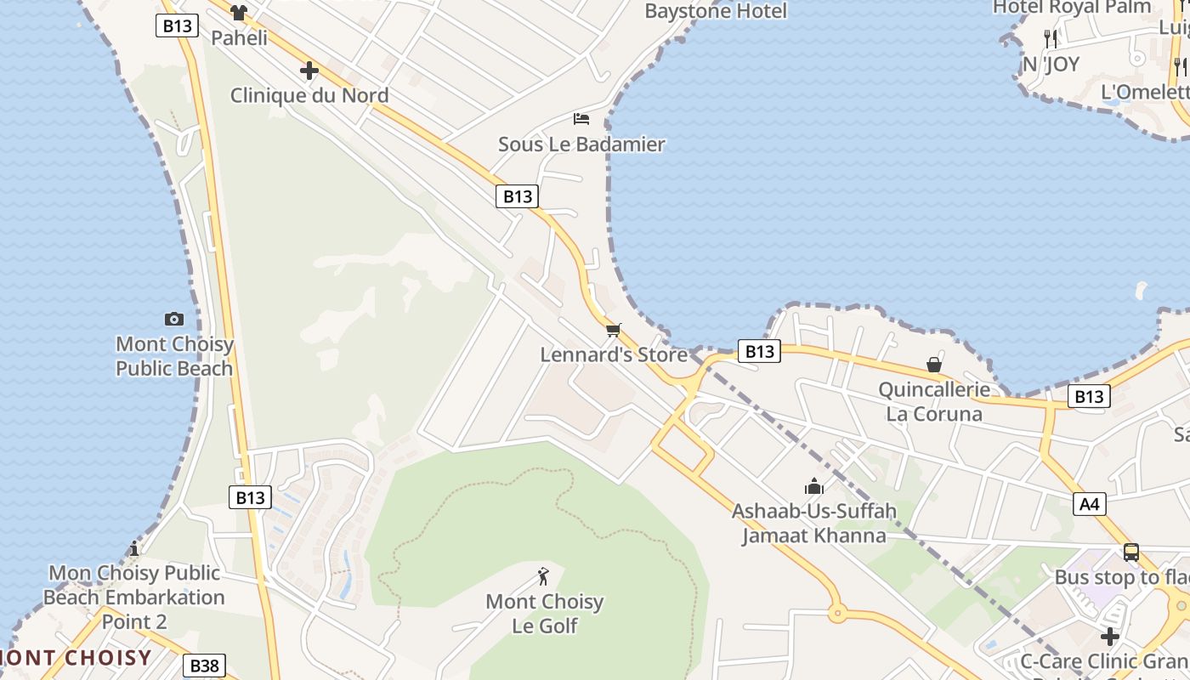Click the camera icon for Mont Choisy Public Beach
tap(174, 319)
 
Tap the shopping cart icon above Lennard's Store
tap(613, 330)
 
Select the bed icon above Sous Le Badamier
tap(581, 118)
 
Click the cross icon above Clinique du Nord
tap(309, 71)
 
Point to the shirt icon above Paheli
tap(239, 12)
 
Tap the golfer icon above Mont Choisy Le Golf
tap(544, 576)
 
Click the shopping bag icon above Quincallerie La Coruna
tap(934, 365)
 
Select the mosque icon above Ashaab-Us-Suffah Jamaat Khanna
tap(814, 486)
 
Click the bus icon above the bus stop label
tap(1130, 552)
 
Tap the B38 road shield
tap(205, 666)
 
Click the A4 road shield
tap(1089, 504)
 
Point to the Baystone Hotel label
tap(716, 11)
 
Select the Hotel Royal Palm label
tap(1072, 8)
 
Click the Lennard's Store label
tap(614, 354)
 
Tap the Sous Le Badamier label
tap(581, 144)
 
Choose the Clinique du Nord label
tap(309, 95)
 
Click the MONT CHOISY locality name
tap(76, 657)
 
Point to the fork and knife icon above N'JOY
tap(1051, 38)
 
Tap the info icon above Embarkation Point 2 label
tap(133, 548)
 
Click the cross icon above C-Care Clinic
tap(1109, 636)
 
